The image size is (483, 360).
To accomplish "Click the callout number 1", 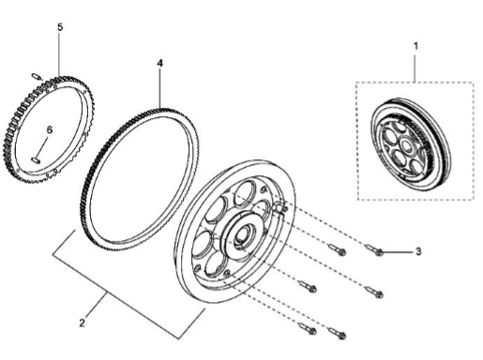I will coord(416,44).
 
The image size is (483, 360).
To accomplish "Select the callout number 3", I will coord(418,252).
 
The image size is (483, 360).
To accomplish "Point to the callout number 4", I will coord(159,64).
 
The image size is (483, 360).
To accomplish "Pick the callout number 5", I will coord(60,28).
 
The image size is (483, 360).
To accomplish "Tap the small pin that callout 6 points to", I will coord(37,160).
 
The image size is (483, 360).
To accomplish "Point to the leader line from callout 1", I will coord(416,66).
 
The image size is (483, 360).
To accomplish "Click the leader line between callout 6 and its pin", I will coord(44,145).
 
